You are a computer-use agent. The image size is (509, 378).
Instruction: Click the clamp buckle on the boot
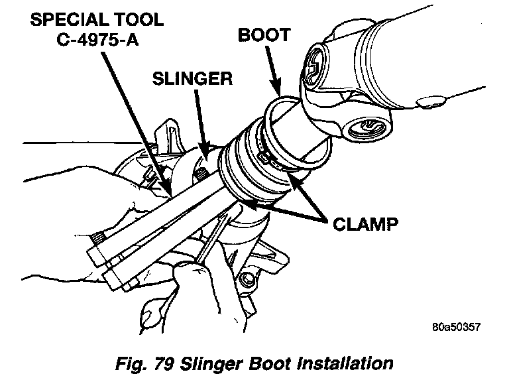coord(265,157)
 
